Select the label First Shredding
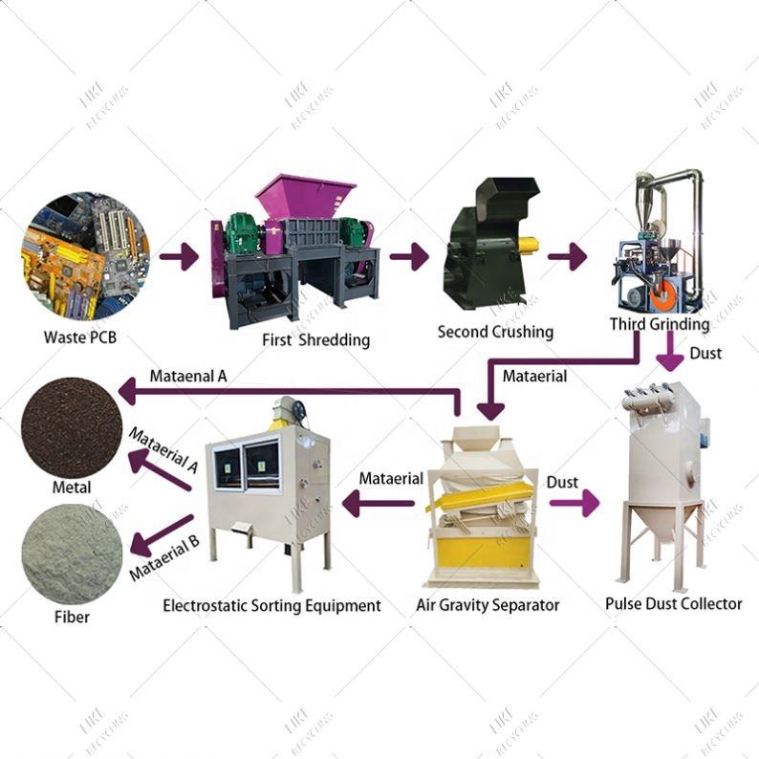click(315, 339)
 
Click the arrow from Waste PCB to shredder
click(178, 256)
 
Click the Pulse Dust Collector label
click(673, 604)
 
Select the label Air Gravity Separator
click(488, 605)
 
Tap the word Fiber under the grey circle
click(71, 617)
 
